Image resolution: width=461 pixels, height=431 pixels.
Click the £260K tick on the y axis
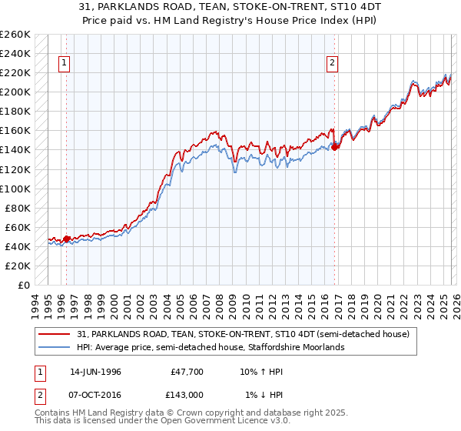click(15, 35)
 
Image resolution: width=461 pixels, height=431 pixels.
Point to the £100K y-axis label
click(15, 189)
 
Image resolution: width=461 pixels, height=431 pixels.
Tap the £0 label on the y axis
click(23, 285)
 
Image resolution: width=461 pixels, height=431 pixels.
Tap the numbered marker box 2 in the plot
click(332, 64)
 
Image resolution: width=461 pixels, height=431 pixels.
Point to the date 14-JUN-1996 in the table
click(95, 371)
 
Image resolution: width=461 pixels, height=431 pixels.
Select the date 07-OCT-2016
click(95, 395)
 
